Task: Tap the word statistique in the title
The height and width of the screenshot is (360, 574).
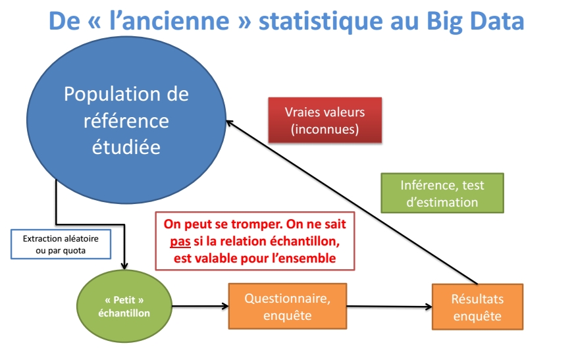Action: (321, 21)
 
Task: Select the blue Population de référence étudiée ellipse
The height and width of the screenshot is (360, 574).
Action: (126, 120)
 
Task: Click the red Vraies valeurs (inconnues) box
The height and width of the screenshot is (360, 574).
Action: (325, 120)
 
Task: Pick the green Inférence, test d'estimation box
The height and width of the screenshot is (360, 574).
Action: (442, 193)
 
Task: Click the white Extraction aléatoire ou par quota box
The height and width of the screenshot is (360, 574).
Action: (61, 244)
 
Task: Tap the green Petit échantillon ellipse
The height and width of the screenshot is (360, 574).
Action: (124, 306)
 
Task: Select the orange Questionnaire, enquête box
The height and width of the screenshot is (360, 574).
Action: (288, 306)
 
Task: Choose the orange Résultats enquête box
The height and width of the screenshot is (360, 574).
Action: (477, 307)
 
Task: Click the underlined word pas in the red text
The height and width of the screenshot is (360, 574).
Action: (180, 242)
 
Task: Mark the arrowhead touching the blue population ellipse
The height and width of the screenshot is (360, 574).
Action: (230, 123)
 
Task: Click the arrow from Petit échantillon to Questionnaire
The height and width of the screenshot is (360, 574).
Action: (200, 306)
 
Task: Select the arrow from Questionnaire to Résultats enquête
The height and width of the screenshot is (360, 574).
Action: (390, 306)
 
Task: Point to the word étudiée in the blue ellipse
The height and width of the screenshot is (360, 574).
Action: (126, 147)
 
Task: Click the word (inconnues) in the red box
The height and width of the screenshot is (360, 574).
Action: (325, 129)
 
